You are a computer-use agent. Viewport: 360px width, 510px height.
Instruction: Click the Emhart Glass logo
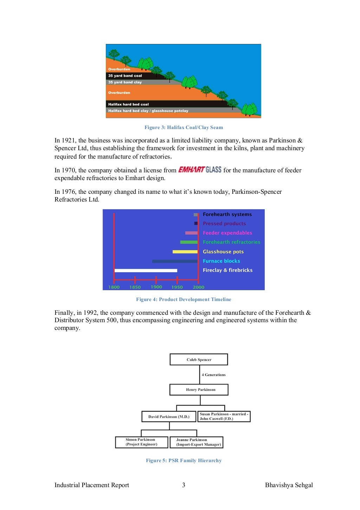(200, 170)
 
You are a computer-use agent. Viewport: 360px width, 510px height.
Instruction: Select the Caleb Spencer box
(199, 359)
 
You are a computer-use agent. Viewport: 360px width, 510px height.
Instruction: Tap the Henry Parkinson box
(199, 390)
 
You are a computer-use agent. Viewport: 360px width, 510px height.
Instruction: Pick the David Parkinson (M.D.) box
(169, 417)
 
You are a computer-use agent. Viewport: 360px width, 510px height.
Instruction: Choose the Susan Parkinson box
(224, 416)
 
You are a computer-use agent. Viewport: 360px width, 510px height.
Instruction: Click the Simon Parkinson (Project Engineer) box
(141, 442)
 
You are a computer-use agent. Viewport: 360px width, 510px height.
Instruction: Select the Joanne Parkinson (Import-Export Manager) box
(197, 442)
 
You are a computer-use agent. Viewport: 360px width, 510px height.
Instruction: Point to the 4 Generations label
(214, 375)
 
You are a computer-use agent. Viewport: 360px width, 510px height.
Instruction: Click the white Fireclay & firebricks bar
(146, 270)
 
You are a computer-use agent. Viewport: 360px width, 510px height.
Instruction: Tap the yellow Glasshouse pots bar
(185, 252)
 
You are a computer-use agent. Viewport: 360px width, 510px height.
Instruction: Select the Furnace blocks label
(221, 261)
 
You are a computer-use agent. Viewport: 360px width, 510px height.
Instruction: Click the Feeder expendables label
(227, 233)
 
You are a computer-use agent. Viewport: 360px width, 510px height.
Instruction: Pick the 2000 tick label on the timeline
(198, 287)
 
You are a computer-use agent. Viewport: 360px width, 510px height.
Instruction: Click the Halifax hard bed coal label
(128, 104)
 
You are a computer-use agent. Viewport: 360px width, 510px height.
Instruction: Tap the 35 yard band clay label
(125, 82)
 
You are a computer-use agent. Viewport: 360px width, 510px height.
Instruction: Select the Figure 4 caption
(184, 300)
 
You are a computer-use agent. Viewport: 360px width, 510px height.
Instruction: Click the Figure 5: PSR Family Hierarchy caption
(184, 461)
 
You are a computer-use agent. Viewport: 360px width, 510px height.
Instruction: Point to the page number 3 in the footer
(184, 485)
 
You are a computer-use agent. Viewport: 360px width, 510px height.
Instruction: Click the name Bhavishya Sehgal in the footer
(289, 485)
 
